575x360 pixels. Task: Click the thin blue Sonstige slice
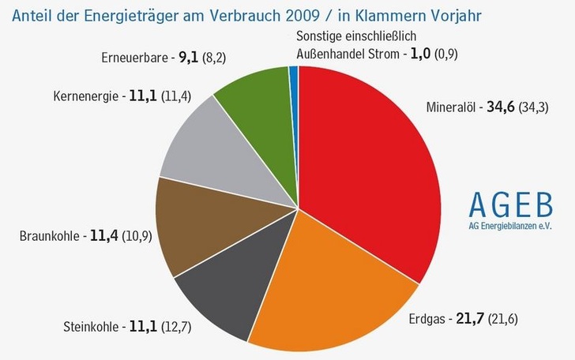[293, 76]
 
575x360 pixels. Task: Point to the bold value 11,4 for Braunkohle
[103, 235]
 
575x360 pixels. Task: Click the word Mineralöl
[451, 108]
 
